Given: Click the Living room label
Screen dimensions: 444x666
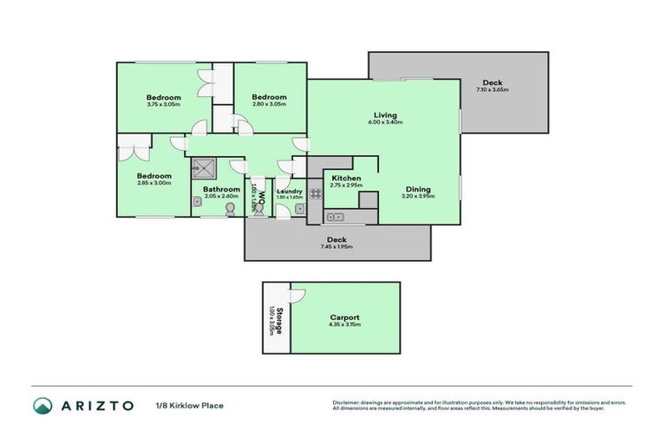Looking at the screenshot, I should point(385,115).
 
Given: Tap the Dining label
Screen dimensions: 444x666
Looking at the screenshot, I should point(418,190).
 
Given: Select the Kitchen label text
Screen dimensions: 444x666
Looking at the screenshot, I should point(346,179).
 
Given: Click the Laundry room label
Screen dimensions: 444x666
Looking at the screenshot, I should point(288,191).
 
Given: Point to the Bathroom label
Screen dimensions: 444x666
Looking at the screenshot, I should point(221,190).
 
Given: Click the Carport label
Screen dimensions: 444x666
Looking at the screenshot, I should point(345,318).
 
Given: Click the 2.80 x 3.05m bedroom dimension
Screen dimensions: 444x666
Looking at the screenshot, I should point(269,104).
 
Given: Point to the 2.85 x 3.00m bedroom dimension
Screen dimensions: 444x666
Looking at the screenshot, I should point(153,183).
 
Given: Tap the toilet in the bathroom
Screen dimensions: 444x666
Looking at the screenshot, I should point(230,209).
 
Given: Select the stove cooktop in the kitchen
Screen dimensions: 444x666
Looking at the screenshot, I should point(317,194).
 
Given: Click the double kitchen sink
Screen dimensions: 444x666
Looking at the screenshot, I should point(336,217).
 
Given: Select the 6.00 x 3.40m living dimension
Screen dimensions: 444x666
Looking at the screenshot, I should point(385,122).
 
